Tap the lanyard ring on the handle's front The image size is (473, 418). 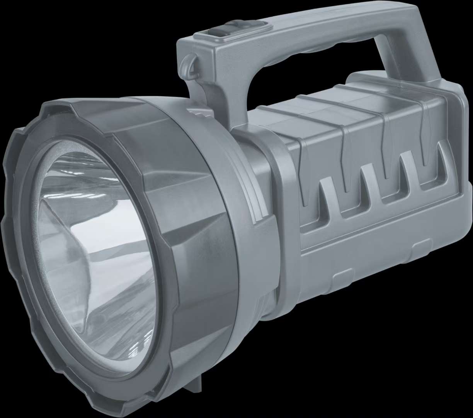(188, 62)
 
